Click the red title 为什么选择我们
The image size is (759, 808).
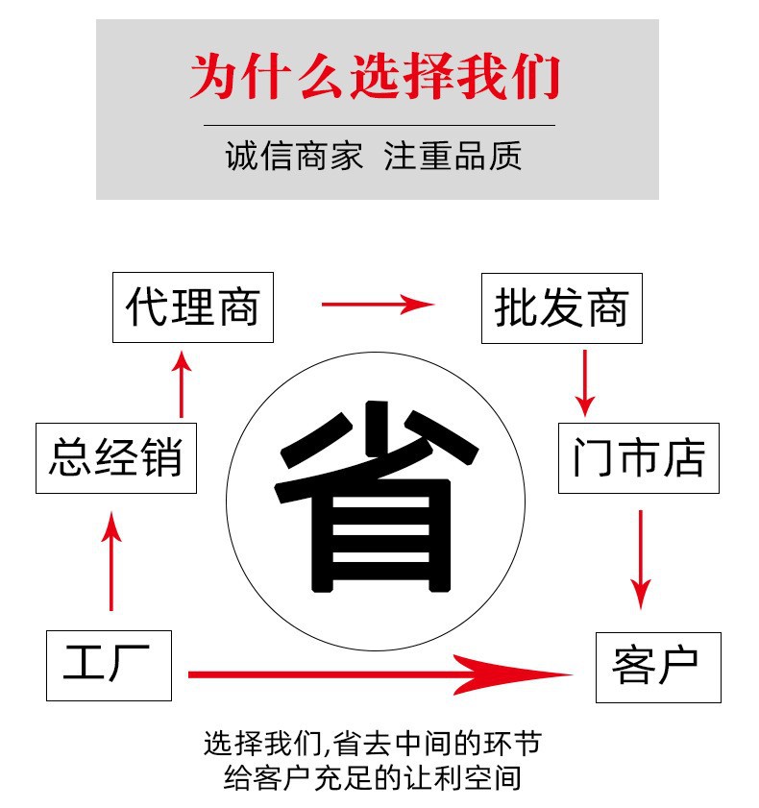click(376, 77)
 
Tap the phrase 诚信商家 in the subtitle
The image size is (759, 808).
click(295, 157)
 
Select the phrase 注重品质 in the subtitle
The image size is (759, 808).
click(453, 157)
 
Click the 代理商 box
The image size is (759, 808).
click(193, 308)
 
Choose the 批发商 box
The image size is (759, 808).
click(561, 308)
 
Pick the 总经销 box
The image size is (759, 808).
click(115, 457)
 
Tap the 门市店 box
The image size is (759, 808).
click(638, 458)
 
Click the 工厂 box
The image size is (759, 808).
click(109, 665)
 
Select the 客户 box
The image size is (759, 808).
click(657, 666)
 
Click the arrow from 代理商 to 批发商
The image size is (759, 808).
click(378, 306)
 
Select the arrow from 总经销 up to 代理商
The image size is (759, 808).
click(183, 383)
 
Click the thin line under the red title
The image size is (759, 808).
click(379, 125)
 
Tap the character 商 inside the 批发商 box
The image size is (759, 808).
click(609, 308)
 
